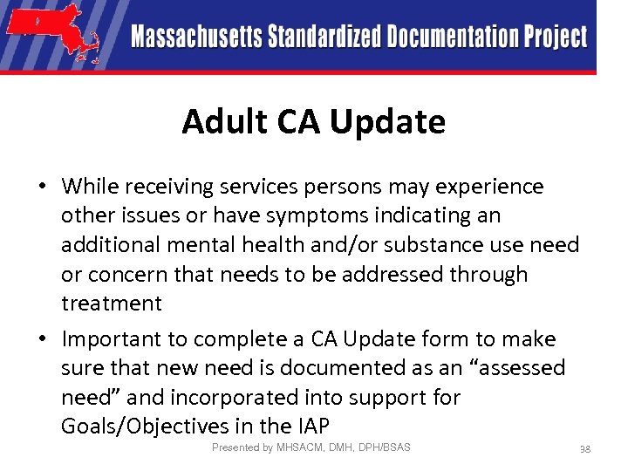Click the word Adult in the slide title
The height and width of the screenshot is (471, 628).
click(x=220, y=121)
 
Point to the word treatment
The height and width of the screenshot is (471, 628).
click(x=112, y=304)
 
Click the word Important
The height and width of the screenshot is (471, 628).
click(x=125, y=339)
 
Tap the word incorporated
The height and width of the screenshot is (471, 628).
click(x=251, y=397)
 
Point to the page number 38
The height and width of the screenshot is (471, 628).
click(x=585, y=449)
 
